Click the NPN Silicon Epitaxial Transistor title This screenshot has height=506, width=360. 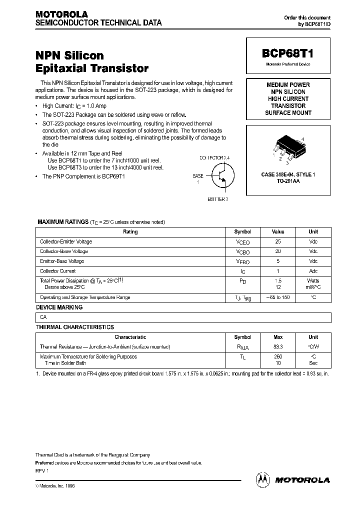(x=92, y=62)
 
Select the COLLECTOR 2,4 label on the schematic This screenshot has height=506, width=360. (x=214, y=157)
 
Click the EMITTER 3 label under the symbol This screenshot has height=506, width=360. (x=218, y=199)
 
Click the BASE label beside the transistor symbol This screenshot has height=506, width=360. (x=198, y=176)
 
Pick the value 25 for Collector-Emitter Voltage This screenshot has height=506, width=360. (x=278, y=241)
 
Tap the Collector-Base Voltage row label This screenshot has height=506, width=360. (x=64, y=251)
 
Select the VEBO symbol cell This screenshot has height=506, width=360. (x=242, y=261)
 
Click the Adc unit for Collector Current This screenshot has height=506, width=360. (x=313, y=271)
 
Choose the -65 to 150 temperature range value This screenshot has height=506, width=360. (x=278, y=297)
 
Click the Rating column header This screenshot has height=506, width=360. (x=130, y=232)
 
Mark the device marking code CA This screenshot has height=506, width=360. (x=43, y=317)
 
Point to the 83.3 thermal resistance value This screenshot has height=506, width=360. (x=278, y=346)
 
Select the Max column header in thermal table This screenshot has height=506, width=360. (x=278, y=337)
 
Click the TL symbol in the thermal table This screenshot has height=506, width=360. (x=242, y=357)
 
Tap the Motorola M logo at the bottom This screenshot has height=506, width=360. (x=262, y=479)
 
